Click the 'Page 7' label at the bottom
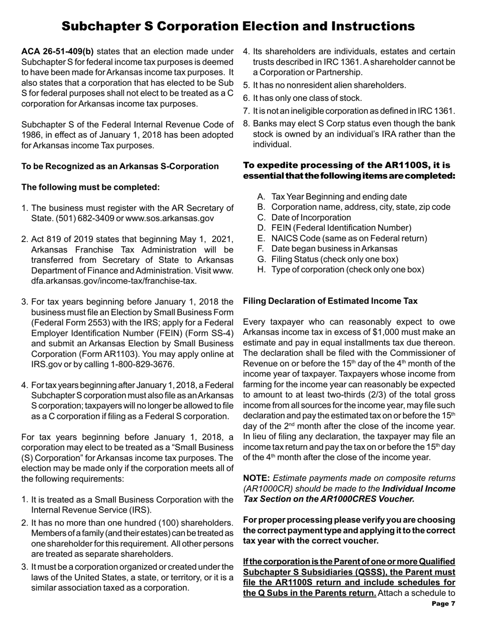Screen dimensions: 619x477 442,604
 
